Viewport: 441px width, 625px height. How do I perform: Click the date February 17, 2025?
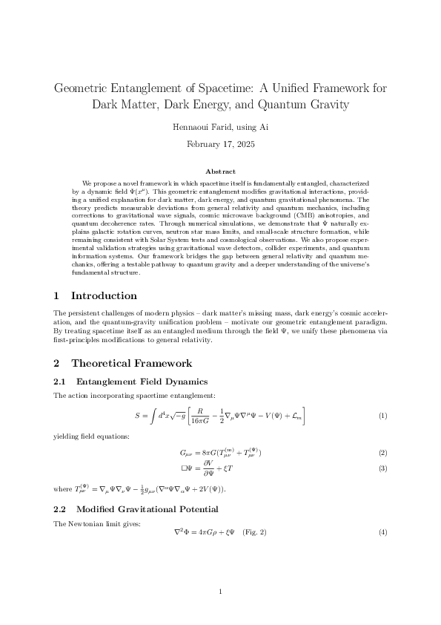[x=220, y=143]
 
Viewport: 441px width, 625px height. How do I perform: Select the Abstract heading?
[x=220, y=172]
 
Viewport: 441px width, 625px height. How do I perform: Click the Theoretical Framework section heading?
[x=132, y=363]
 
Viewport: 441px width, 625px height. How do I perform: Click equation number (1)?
[x=382, y=416]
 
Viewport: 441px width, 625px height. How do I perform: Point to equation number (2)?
[x=382, y=453]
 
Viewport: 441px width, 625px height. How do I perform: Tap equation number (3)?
[x=382, y=469]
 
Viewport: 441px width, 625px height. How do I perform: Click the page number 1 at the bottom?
[x=220, y=592]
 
